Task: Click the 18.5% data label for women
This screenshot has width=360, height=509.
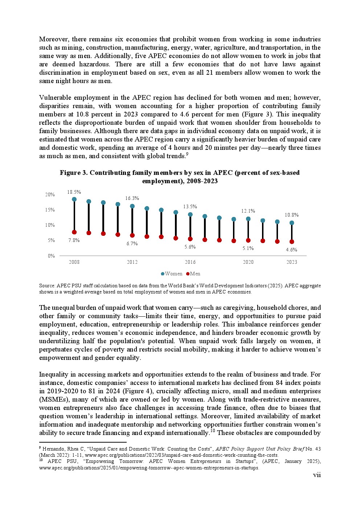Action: [74, 192]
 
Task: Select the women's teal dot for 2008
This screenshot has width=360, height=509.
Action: [74, 199]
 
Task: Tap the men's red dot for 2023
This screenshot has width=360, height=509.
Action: [292, 242]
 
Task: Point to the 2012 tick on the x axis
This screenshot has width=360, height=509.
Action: [132, 262]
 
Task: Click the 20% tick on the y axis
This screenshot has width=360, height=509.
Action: [50, 194]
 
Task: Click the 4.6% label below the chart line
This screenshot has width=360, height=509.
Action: [291, 250]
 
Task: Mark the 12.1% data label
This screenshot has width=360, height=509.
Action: [248, 211]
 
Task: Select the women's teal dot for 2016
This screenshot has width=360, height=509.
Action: [190, 214]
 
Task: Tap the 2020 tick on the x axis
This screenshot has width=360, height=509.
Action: [248, 262]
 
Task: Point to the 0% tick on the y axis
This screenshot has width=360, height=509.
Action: [51, 256]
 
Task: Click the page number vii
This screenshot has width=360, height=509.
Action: [317, 475]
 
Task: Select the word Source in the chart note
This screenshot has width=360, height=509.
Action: [47, 286]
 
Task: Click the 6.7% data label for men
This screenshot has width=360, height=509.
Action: [132, 243]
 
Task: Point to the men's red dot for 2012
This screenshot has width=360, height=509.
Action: [132, 235]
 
